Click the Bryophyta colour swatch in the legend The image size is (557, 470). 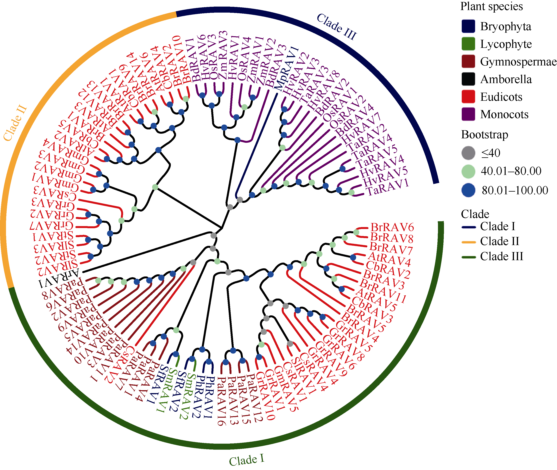pos(468,26)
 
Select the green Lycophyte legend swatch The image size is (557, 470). pos(468,44)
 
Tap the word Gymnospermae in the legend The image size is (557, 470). pos(518,62)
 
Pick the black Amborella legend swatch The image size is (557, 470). pos(468,79)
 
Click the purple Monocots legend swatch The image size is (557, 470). pos(468,114)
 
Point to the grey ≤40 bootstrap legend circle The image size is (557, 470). pos(468,153)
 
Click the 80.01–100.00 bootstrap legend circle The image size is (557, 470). pos(468,190)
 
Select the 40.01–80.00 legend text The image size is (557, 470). pos(511,171)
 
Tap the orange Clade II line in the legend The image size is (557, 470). pos(468,242)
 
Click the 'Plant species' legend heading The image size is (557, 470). pos(491,6)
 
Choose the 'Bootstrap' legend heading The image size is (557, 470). pos(484,135)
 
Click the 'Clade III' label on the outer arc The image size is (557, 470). pos(337,27)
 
